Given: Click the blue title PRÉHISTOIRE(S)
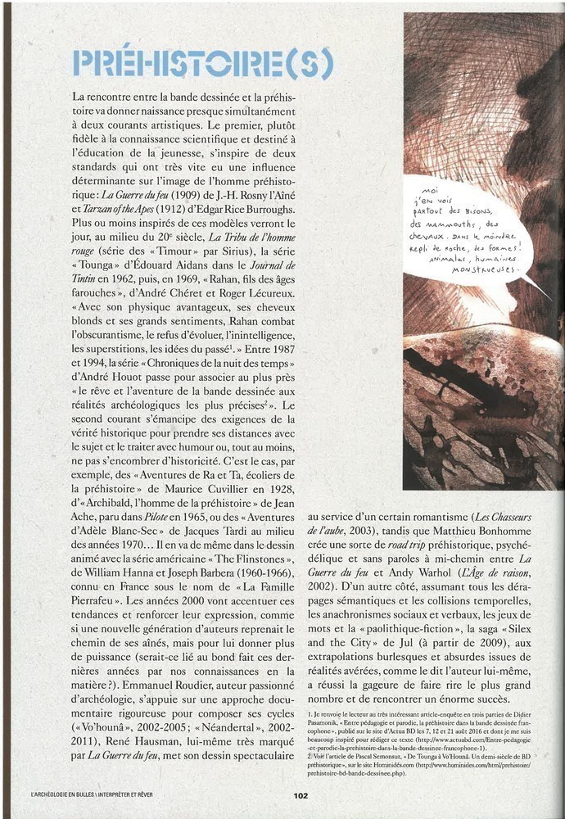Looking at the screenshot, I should click(x=203, y=64).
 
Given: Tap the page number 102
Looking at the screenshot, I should click(x=301, y=794).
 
